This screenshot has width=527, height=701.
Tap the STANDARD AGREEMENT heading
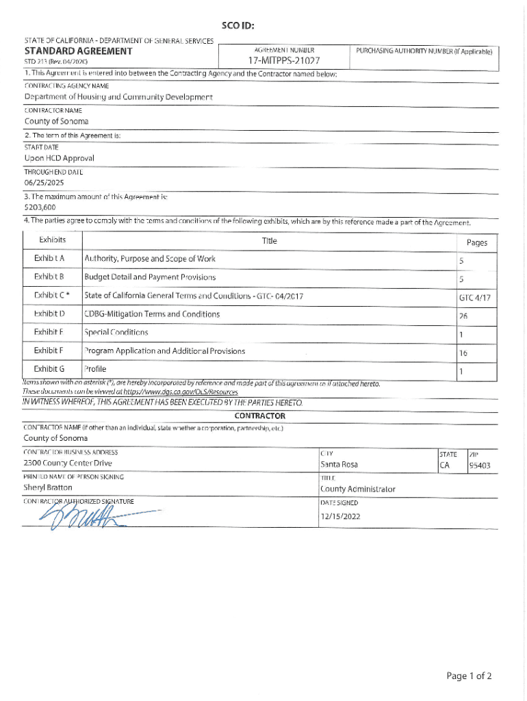78,51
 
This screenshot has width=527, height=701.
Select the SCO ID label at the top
239,27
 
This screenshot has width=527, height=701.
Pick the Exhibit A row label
49,259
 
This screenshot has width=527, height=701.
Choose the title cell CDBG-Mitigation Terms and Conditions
152,314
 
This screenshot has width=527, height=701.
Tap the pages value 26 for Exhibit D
463,316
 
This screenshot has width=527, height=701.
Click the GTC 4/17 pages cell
475,297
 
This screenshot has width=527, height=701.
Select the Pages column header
476,242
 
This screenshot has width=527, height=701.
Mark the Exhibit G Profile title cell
95,369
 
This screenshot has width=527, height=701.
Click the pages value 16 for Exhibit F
463,353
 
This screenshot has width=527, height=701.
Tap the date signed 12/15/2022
340,517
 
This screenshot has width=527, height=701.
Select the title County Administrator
357,489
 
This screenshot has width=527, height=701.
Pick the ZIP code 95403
479,466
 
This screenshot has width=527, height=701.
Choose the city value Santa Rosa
339,465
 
